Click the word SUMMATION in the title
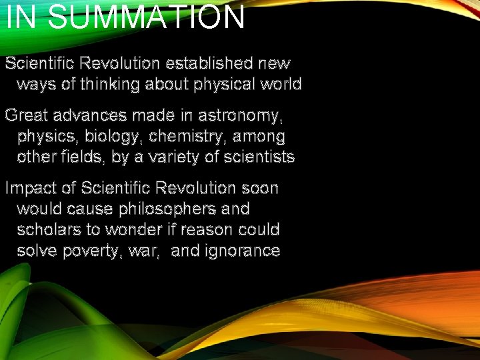(x=147, y=17)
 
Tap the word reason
(x=210, y=230)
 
